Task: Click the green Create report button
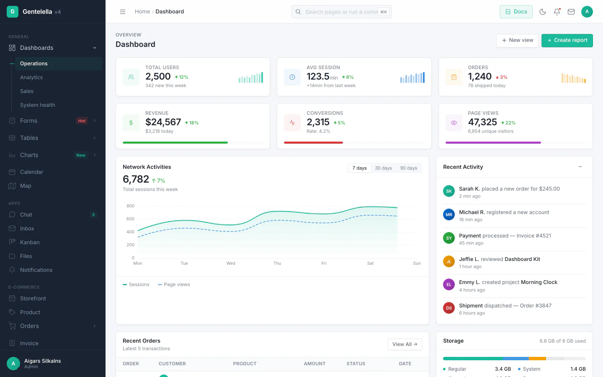click(567, 40)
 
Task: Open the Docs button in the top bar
click(516, 12)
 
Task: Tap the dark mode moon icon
click(542, 12)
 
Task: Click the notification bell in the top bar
click(557, 12)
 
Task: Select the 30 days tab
click(383, 168)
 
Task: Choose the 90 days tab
click(408, 168)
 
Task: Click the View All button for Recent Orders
click(405, 344)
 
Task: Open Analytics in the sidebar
click(31, 77)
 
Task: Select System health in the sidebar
click(37, 105)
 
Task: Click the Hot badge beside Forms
click(82, 121)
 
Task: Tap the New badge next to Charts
click(80, 155)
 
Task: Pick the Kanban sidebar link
click(30, 243)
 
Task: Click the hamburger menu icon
click(122, 12)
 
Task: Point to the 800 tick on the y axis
click(130, 206)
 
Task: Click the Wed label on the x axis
click(230, 263)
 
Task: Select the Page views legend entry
click(174, 284)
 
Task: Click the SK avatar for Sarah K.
click(449, 191)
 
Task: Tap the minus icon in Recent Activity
click(580, 167)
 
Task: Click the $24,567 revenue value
click(163, 122)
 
